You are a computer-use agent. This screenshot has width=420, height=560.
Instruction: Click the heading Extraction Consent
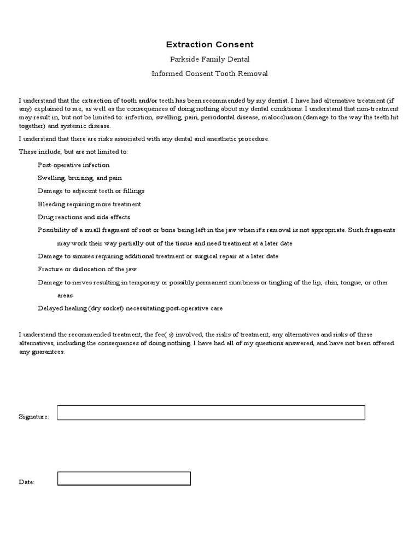click(210, 45)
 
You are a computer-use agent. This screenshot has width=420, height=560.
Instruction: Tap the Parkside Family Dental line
click(210, 59)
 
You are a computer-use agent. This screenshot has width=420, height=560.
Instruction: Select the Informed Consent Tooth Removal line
click(210, 73)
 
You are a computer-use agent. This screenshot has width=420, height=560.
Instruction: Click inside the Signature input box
click(211, 413)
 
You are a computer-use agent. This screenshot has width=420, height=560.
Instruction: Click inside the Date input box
click(124, 479)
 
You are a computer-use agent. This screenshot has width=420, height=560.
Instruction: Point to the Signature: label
click(34, 417)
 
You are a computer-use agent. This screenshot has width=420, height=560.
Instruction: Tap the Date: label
click(27, 482)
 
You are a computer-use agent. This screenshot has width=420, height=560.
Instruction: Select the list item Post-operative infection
click(74, 165)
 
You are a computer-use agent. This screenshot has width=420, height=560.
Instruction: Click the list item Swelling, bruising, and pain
click(80, 178)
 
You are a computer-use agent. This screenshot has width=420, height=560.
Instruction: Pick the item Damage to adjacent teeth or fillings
click(91, 191)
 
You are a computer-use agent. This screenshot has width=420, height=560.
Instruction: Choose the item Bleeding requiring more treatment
click(89, 204)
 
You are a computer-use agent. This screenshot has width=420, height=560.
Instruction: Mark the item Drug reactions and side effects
click(84, 217)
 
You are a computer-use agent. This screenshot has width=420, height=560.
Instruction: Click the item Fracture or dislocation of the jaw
click(87, 269)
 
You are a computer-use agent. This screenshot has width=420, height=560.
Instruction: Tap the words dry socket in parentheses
click(106, 308)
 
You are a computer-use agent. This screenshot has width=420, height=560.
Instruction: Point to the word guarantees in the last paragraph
click(48, 352)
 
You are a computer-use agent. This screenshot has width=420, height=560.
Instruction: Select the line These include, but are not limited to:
click(74, 151)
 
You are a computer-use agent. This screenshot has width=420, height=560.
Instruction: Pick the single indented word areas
click(65, 295)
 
